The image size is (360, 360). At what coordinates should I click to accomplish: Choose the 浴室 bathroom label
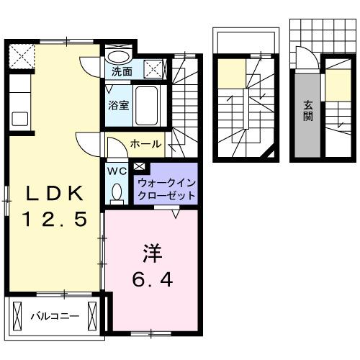[x=119, y=104]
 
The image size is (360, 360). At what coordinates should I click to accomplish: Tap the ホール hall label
[x=145, y=144]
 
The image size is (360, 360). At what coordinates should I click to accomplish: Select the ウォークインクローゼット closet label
[x=165, y=189]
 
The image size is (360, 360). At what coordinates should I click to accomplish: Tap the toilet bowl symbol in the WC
[x=117, y=192]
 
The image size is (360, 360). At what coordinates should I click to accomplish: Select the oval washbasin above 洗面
[x=119, y=56]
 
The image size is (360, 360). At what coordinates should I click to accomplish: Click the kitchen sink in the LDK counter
[x=19, y=118]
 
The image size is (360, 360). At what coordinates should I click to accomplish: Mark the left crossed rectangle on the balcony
[x=17, y=315]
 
